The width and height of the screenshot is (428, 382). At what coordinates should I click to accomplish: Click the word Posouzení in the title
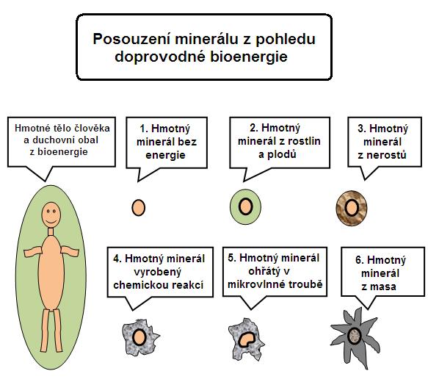[132, 38]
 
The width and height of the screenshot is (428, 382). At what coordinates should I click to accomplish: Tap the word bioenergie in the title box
[249, 57]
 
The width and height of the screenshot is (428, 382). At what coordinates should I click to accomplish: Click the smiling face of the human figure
[51, 215]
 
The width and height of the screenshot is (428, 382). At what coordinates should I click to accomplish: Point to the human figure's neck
[51, 231]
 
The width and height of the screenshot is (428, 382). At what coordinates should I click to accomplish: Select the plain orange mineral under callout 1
[139, 208]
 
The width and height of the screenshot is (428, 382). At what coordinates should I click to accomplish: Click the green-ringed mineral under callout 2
[245, 206]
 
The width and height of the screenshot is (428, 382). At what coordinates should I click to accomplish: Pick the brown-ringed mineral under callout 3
[352, 208]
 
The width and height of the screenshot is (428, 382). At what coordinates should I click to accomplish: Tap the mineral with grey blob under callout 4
[139, 337]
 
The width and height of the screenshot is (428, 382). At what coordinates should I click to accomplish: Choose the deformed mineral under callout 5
[246, 339]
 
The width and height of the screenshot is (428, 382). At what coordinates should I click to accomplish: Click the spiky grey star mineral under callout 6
[355, 337]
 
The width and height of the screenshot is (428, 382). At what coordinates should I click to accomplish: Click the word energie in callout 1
[165, 155]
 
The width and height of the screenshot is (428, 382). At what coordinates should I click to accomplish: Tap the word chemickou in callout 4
[137, 285]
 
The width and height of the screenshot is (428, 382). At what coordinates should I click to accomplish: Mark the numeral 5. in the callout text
[232, 258]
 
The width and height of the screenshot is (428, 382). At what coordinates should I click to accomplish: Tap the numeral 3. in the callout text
[362, 129]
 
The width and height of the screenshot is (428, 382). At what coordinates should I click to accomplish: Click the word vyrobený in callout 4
[158, 272]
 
